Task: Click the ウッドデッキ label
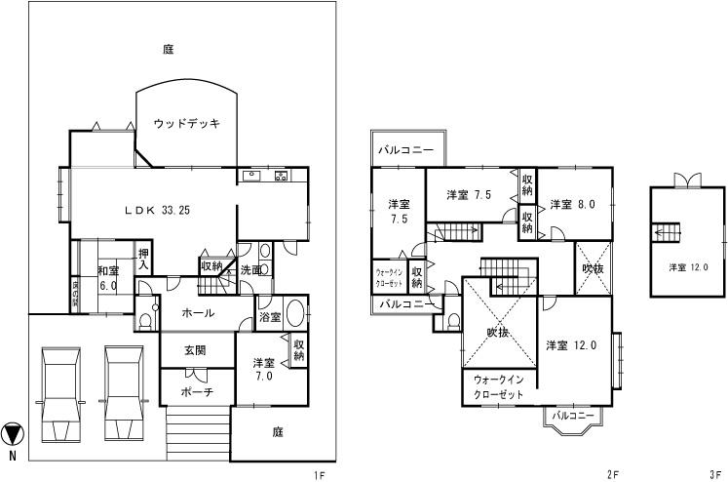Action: [187, 123]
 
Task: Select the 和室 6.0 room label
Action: [106, 279]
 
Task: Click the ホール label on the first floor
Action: [199, 315]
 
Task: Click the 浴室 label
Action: [270, 317]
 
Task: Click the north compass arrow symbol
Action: [13, 432]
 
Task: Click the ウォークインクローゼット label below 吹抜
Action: [498, 387]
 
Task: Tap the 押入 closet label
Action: [143, 259]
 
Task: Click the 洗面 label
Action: [250, 270]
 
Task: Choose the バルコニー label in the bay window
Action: [573, 417]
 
